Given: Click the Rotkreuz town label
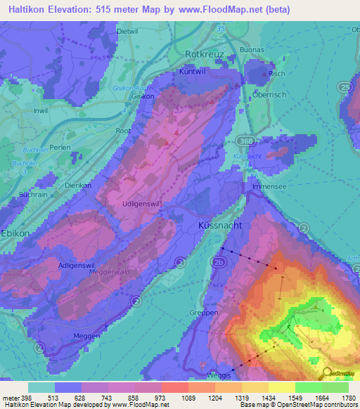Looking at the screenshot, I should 204,53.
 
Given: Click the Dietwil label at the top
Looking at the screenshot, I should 127,32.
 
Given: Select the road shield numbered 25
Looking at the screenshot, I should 344,86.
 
